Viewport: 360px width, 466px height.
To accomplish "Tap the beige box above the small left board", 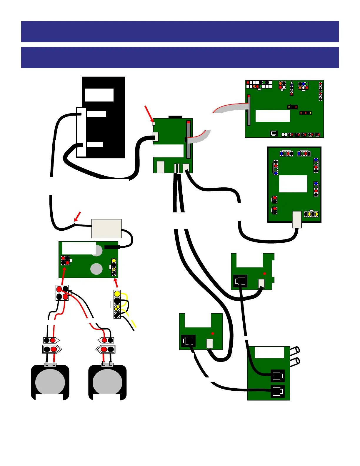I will [x=106, y=228].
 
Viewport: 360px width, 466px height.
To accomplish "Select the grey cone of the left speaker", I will [x=50, y=382].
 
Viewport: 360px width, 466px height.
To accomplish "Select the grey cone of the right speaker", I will [x=107, y=382].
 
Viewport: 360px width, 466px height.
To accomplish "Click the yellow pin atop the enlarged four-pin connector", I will [x=117, y=294].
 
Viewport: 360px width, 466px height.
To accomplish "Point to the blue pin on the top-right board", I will [x=303, y=84].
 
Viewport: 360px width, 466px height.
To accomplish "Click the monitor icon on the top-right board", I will [x=274, y=133].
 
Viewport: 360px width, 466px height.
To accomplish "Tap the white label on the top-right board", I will [x=273, y=116].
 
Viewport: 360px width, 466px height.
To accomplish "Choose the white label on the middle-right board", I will [x=293, y=184].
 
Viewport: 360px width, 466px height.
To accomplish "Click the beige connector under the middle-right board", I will [x=297, y=219].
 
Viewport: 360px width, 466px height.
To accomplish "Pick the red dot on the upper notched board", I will [x=264, y=274].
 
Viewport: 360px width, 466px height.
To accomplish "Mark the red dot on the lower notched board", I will [x=213, y=333].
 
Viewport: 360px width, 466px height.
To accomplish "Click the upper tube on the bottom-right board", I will [x=295, y=350].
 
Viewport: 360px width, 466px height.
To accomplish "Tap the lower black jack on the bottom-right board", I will [x=277, y=392].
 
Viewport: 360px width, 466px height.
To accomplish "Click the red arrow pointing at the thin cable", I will [x=77, y=217].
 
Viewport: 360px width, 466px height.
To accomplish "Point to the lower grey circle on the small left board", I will [x=96, y=269].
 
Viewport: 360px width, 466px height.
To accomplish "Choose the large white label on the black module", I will [x=99, y=95].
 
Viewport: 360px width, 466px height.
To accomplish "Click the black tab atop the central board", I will [x=175, y=117].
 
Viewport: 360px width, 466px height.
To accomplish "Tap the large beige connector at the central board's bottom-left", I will [x=160, y=167].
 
